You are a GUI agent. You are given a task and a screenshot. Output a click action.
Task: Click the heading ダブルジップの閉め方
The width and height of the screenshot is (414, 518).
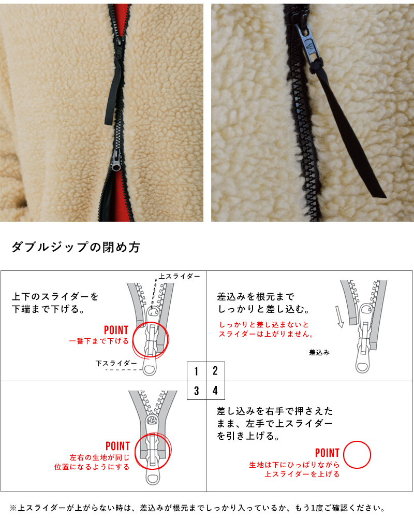tap(76, 248)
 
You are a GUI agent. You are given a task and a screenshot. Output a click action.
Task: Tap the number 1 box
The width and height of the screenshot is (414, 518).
tap(196, 371)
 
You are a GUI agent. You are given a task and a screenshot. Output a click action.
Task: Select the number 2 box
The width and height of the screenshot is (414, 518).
tap(215, 371)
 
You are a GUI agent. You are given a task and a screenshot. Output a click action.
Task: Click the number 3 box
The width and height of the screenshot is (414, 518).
tap(196, 390)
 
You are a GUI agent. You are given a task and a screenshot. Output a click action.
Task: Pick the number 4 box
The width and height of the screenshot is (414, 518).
tap(215, 390)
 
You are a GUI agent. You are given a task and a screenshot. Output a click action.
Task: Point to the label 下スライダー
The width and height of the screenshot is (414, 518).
tap(116, 364)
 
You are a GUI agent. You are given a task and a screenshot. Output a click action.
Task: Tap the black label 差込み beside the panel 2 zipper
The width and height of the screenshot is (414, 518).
tap(319, 352)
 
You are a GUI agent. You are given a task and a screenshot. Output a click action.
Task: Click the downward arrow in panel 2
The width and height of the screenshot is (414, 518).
tap(339, 318)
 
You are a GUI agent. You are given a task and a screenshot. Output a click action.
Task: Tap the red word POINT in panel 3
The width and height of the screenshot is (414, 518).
tap(117, 446)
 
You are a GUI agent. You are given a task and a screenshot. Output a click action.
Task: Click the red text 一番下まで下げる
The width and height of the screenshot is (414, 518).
tap(99, 341)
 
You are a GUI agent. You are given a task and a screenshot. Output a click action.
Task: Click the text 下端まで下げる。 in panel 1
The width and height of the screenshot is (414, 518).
tap(48, 309)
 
